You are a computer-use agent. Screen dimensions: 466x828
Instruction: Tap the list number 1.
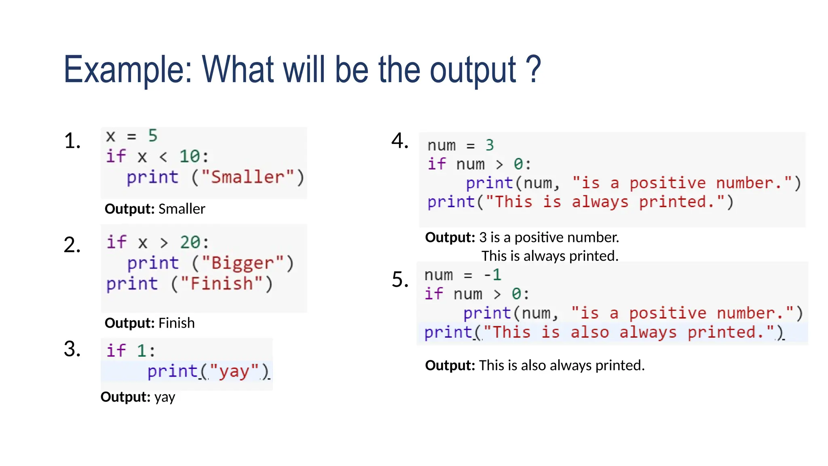coord(72,141)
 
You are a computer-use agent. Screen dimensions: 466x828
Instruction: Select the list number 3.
coord(72,349)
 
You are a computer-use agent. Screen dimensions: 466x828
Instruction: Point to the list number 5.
coord(400,280)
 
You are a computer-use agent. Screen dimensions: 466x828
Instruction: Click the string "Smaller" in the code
coord(247,177)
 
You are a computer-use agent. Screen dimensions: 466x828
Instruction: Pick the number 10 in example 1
coord(189,157)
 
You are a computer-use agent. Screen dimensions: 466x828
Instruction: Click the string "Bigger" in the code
coord(243,263)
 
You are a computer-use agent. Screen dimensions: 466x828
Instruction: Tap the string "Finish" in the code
coord(222,284)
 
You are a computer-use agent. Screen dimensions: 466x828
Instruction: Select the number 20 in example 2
coord(190,242)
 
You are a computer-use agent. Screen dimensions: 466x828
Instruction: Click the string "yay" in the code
coord(234,371)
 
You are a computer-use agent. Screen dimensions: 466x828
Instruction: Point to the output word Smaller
coord(182,209)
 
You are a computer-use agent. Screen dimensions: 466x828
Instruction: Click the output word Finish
coord(176,323)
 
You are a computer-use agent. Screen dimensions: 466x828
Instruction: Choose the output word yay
coord(165,397)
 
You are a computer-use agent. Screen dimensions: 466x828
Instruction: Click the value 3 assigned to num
coord(490,145)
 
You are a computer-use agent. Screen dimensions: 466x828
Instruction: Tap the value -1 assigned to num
coord(493,275)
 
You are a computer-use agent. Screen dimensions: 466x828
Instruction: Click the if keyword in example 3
coord(116,350)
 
